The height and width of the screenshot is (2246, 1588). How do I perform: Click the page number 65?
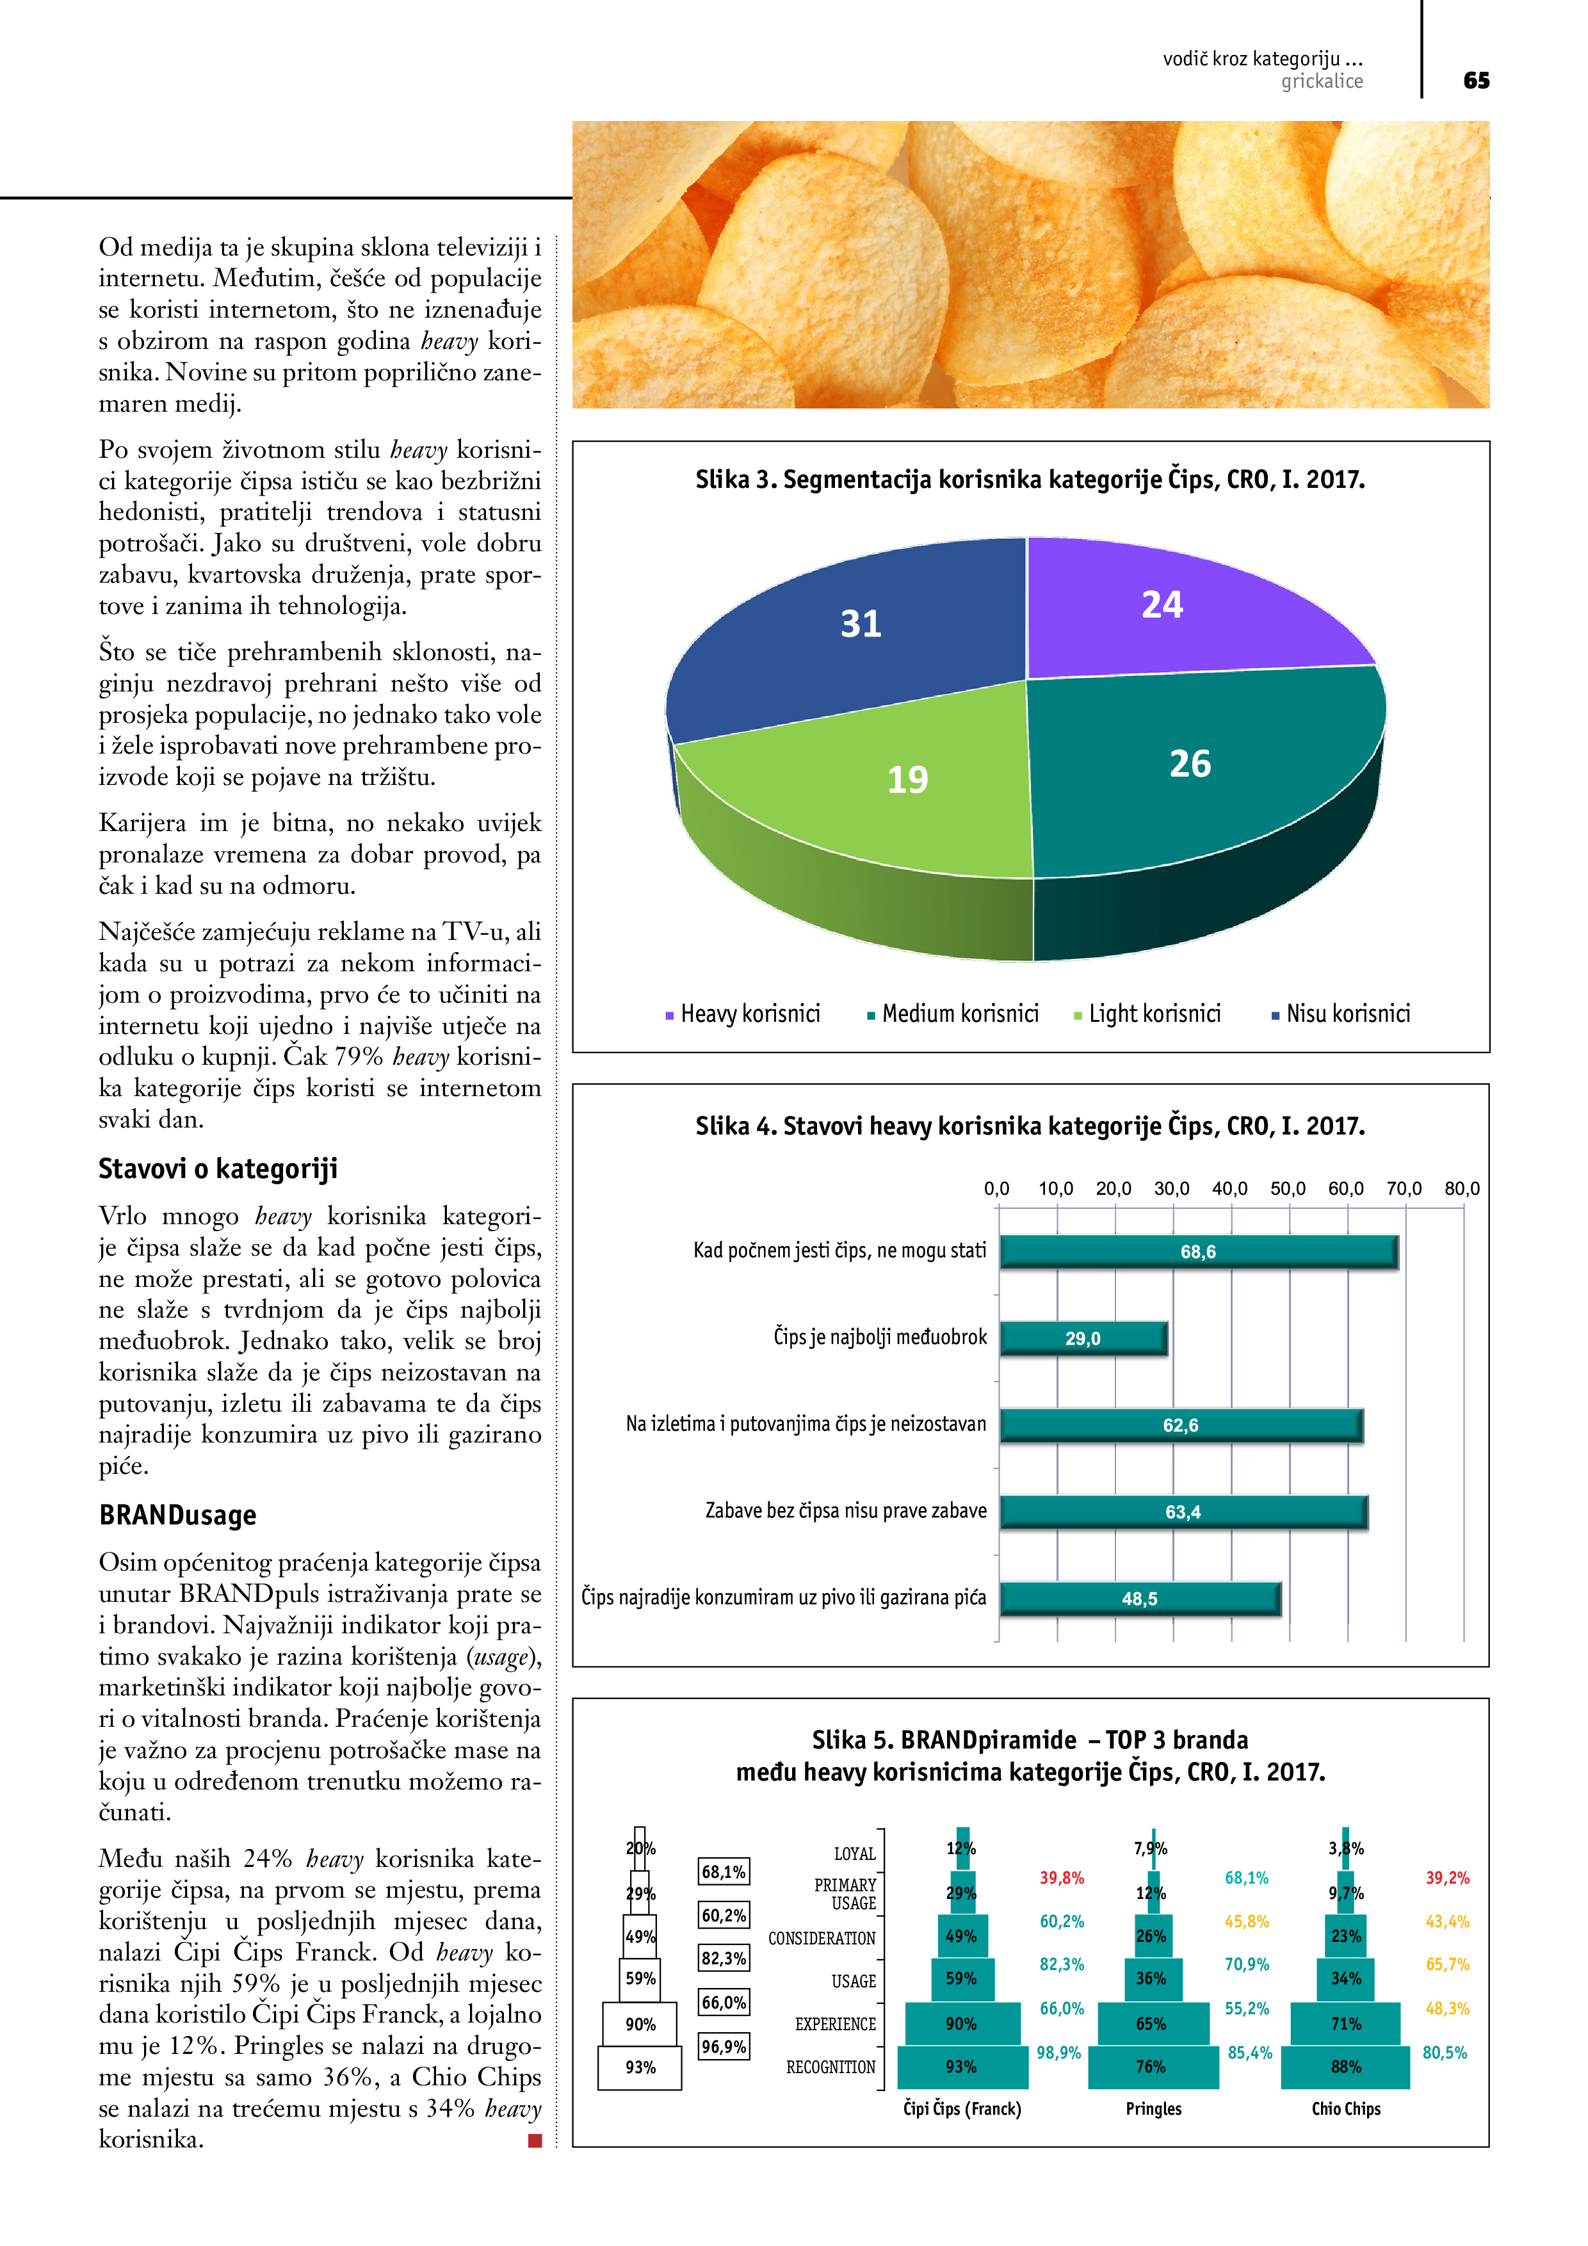(1475, 80)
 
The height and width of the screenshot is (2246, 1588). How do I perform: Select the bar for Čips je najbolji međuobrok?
(1083, 1338)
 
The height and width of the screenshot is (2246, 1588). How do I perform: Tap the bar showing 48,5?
(1140, 1599)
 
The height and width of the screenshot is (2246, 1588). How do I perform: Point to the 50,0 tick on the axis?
(1288, 1188)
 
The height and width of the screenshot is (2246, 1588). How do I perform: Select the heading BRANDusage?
(177, 1515)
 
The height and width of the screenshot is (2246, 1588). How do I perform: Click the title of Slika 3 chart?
(1029, 480)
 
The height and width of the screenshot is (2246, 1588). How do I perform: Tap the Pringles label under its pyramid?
(1154, 2109)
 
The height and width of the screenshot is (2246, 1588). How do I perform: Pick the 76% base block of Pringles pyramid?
(1151, 2067)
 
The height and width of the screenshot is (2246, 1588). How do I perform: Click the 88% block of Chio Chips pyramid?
(1345, 2067)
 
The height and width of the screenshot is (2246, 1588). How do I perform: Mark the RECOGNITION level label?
(830, 2067)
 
